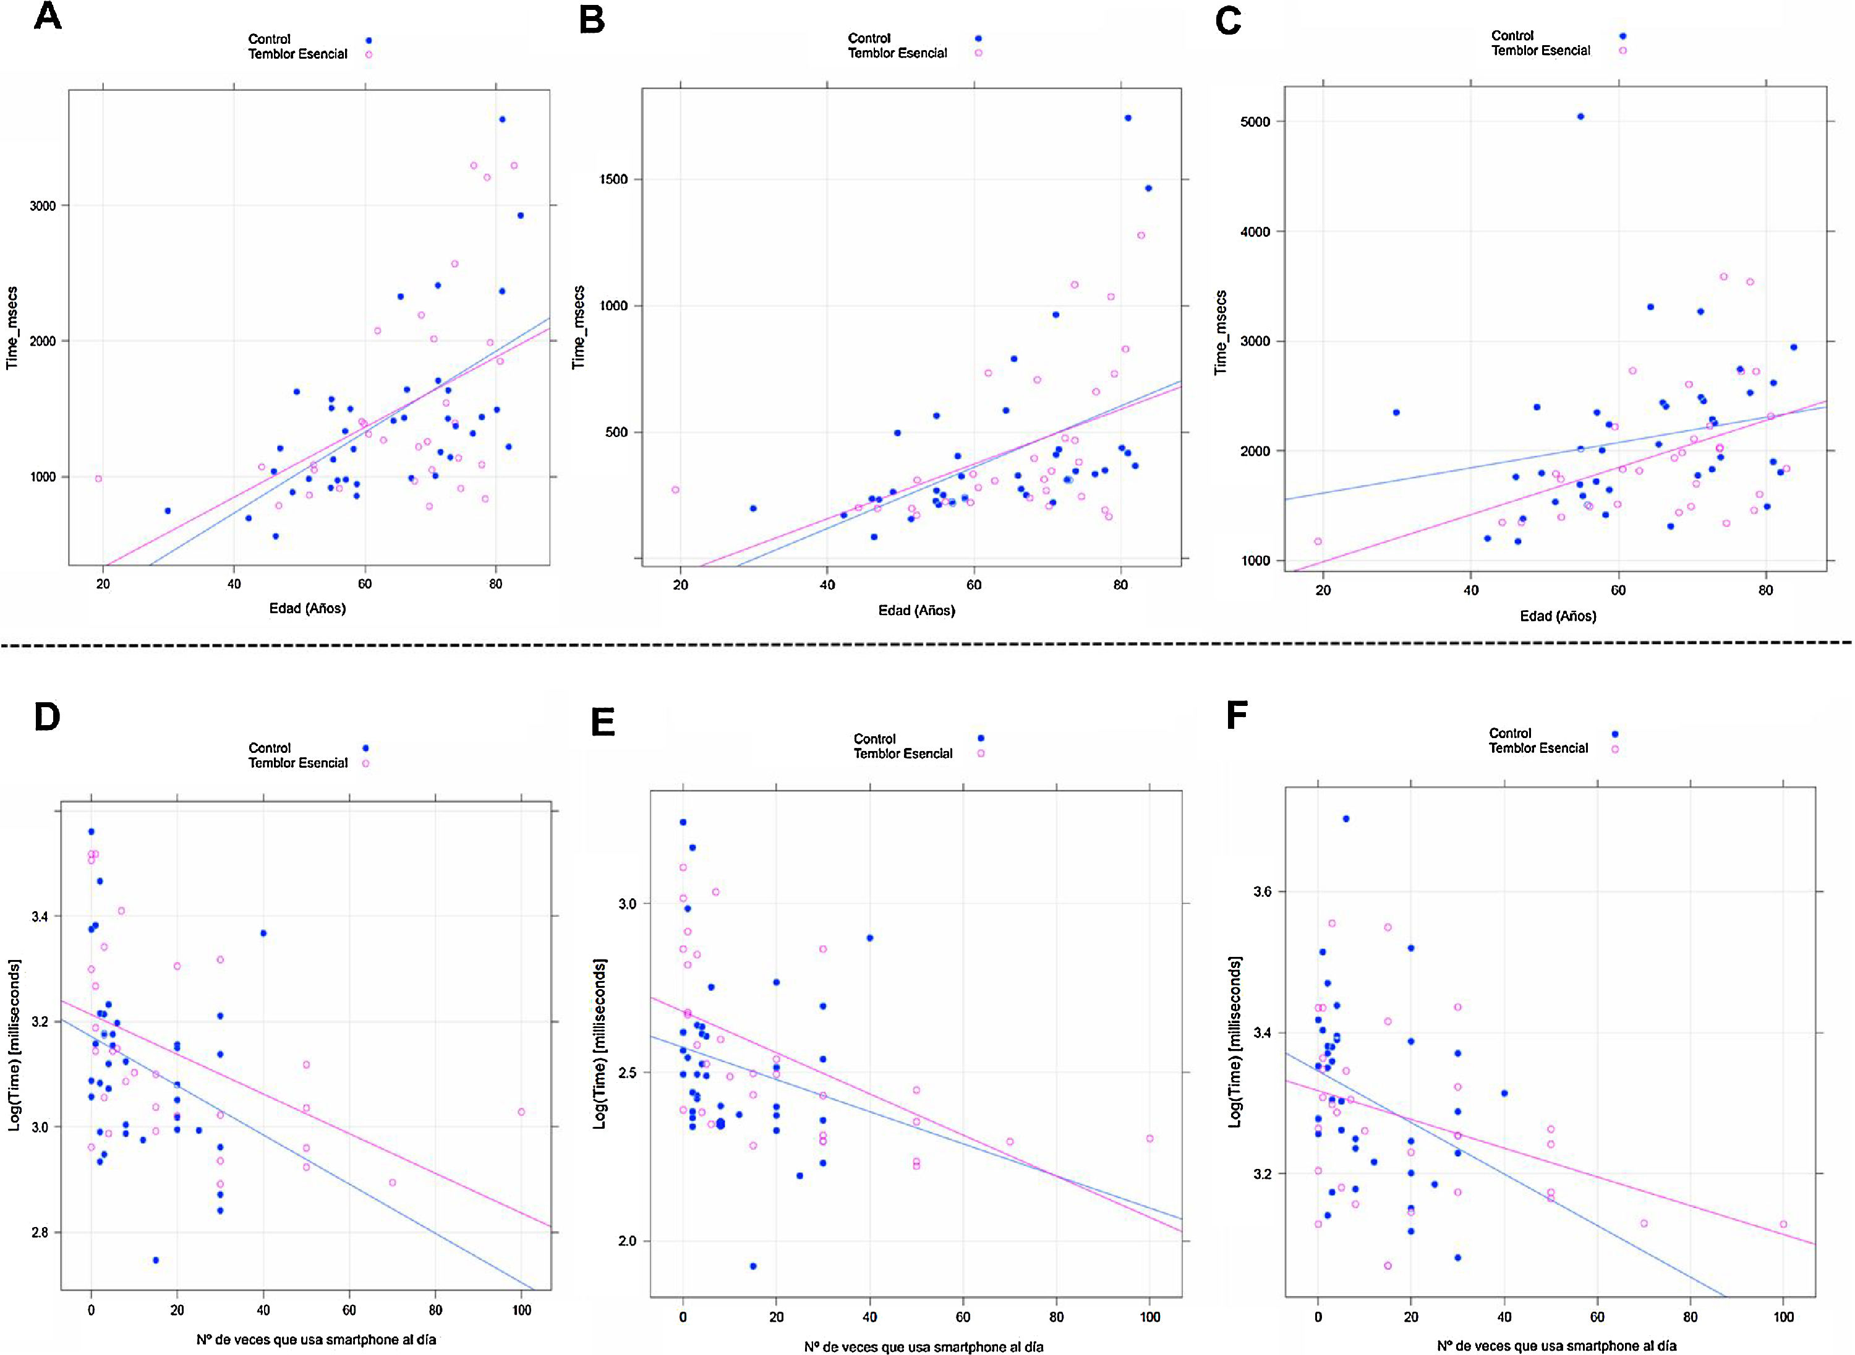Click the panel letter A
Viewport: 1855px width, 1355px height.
point(48,17)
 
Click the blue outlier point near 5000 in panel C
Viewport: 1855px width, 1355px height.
point(1580,116)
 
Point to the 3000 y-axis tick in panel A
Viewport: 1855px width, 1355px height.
point(43,206)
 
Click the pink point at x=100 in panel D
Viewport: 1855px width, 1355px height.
point(521,1112)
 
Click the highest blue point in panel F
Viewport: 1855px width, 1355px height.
point(1345,818)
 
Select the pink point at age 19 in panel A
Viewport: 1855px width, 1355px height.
point(98,479)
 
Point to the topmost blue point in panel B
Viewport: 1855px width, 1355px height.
point(1127,118)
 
